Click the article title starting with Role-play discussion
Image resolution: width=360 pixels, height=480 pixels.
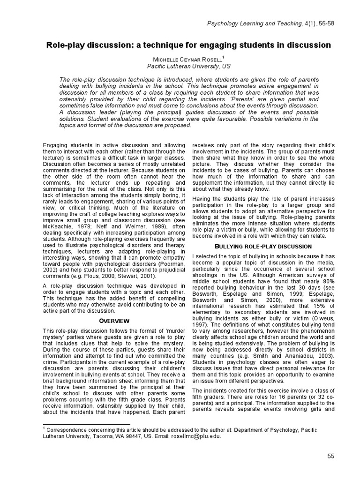click(188, 45)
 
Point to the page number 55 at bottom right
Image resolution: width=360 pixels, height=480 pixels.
click(330, 456)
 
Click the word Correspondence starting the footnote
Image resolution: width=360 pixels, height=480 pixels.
click(68, 428)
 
